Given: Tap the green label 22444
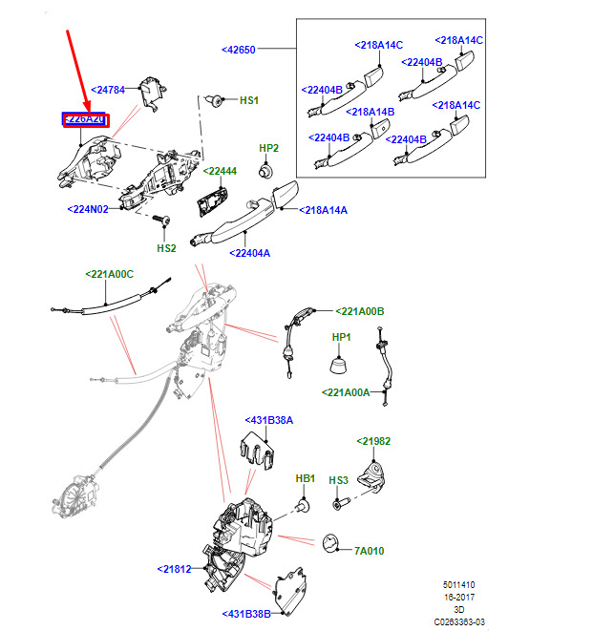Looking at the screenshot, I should pyautogui.click(x=220, y=171).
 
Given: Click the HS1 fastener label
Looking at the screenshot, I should pyautogui.click(x=248, y=100).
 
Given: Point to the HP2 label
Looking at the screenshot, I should pyautogui.click(x=268, y=148).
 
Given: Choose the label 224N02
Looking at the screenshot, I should pyautogui.click(x=91, y=208).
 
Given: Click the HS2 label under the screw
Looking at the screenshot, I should pyautogui.click(x=166, y=248).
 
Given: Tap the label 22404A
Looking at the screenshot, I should pyautogui.click(x=249, y=253).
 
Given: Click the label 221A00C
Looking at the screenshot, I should pyautogui.click(x=109, y=274).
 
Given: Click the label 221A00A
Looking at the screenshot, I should pyautogui.click(x=345, y=391).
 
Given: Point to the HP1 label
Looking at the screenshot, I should pyautogui.click(x=341, y=337).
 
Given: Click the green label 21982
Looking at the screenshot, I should pyautogui.click(x=373, y=441).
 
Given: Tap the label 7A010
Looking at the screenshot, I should pyautogui.click(x=368, y=551).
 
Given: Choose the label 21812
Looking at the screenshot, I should pyautogui.click(x=175, y=569).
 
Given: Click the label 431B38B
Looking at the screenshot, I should pyautogui.click(x=246, y=613).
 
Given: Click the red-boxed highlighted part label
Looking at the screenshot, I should pyautogui.click(x=85, y=119).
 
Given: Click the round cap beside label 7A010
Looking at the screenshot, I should pyautogui.click(x=331, y=541).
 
